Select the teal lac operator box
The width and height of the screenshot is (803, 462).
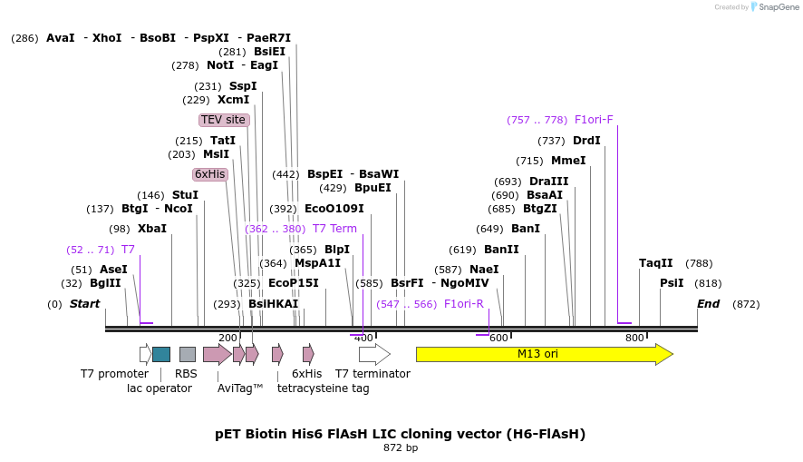(x=161, y=354)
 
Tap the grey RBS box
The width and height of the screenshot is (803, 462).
(x=188, y=354)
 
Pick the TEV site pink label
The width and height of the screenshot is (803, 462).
(x=223, y=120)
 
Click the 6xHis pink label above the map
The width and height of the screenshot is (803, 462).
(x=209, y=174)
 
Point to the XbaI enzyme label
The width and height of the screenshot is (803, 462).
(x=152, y=229)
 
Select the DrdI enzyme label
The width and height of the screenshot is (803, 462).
(x=586, y=141)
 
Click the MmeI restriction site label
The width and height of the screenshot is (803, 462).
(x=568, y=161)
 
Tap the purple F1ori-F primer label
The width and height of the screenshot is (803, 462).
(x=594, y=120)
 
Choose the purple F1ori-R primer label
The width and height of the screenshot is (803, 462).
(x=463, y=304)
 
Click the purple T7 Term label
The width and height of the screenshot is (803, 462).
(x=334, y=229)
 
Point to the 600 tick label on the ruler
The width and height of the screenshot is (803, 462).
(x=498, y=338)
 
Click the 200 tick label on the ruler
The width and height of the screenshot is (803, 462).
(x=227, y=338)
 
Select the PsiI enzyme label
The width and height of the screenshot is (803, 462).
(x=672, y=283)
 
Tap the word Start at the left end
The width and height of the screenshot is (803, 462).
(x=84, y=304)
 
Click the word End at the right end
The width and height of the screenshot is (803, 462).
(x=708, y=304)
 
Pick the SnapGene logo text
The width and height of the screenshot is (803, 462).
(x=779, y=7)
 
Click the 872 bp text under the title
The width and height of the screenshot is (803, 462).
(x=401, y=447)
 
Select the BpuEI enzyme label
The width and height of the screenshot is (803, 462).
(x=372, y=188)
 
